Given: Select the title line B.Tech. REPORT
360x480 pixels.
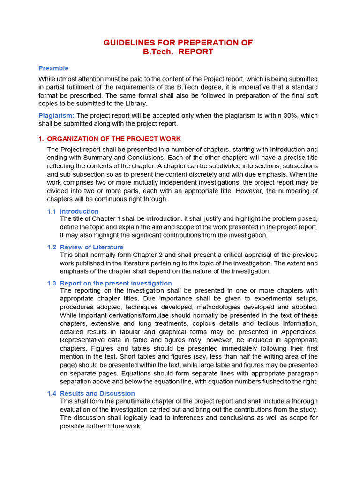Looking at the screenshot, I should (x=178, y=52).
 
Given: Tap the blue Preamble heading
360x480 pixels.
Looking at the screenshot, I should (x=53, y=68).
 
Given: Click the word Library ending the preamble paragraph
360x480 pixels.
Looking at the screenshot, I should (x=135, y=104).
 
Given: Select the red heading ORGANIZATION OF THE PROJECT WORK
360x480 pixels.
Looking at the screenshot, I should (x=114, y=139).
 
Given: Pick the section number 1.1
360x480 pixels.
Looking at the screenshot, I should (x=52, y=211).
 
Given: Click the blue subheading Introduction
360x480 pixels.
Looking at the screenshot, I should (x=79, y=211).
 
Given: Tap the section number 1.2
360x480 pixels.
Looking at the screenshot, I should (x=52, y=247).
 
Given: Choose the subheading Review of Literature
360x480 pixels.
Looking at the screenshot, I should (x=92, y=247).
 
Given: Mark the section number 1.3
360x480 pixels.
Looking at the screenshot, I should (x=52, y=283).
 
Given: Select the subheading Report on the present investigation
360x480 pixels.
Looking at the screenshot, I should (x=116, y=283).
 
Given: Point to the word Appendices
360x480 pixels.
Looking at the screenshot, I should (x=299, y=331).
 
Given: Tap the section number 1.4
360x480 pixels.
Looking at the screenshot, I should (x=52, y=393).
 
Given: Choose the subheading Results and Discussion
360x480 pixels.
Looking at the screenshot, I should (x=97, y=393).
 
